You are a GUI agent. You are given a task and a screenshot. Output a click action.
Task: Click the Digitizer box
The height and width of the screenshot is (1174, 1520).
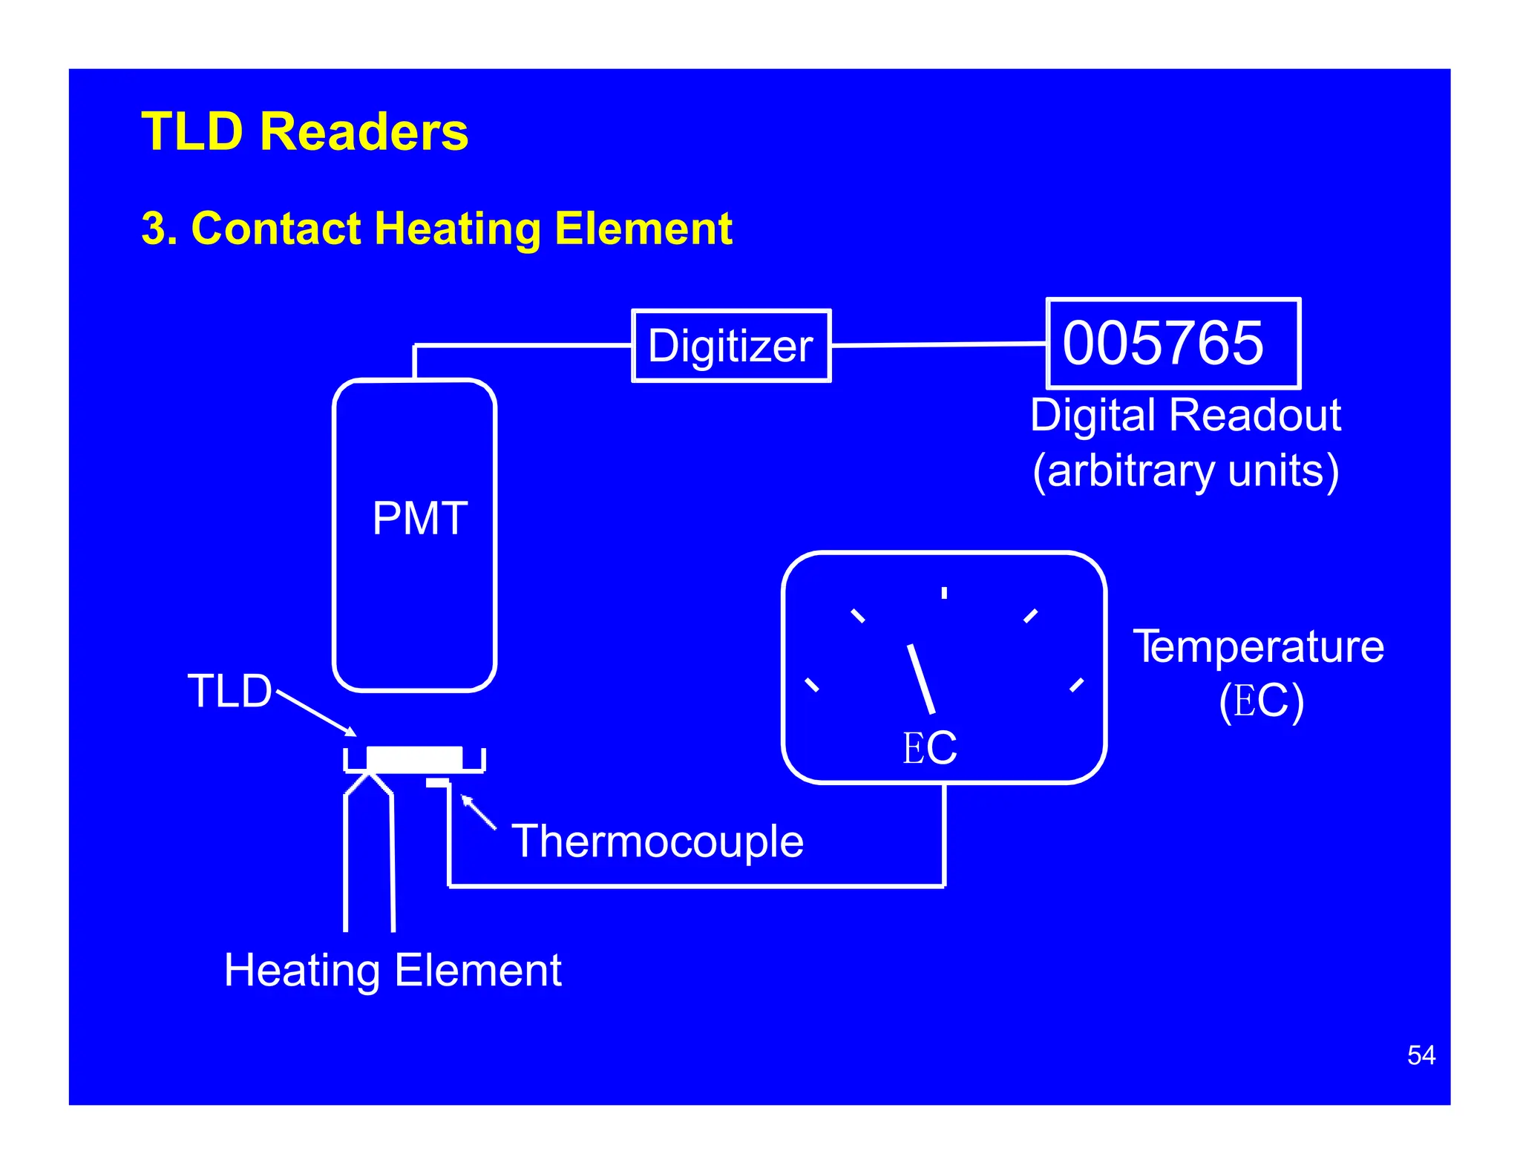[731, 346]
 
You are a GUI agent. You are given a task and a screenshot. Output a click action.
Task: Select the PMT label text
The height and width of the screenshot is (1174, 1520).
[420, 518]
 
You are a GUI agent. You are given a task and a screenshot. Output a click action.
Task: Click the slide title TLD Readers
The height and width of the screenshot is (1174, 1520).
[305, 131]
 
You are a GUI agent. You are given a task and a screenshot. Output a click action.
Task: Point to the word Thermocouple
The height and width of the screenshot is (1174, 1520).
[658, 841]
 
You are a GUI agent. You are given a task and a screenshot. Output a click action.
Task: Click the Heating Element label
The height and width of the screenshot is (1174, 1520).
[393, 970]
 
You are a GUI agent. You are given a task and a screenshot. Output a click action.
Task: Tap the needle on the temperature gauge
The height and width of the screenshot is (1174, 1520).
[921, 679]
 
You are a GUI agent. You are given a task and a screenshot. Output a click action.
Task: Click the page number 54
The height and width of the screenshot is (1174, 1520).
[1421, 1055]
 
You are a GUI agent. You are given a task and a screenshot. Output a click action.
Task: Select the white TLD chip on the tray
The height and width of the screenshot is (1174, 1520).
[414, 758]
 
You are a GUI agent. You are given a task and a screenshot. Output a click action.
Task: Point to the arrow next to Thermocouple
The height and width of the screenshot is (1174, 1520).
[479, 812]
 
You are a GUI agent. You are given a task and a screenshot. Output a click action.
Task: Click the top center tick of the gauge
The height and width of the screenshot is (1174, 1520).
[944, 592]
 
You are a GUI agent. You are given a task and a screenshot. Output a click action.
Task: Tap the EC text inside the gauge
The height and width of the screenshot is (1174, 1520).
[929, 747]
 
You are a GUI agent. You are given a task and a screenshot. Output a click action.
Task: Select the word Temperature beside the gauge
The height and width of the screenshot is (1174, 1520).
[1258, 646]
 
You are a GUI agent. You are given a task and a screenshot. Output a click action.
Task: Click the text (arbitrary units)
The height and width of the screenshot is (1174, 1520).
[1185, 470]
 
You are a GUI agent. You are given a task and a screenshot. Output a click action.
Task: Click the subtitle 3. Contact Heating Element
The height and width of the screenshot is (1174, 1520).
[436, 228]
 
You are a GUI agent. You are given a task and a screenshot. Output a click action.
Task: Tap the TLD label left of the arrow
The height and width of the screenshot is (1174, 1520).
[230, 690]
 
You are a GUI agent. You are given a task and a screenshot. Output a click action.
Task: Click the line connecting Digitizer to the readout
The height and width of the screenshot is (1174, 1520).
[938, 344]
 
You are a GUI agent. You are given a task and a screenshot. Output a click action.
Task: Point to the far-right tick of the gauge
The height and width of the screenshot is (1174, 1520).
[1077, 684]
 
